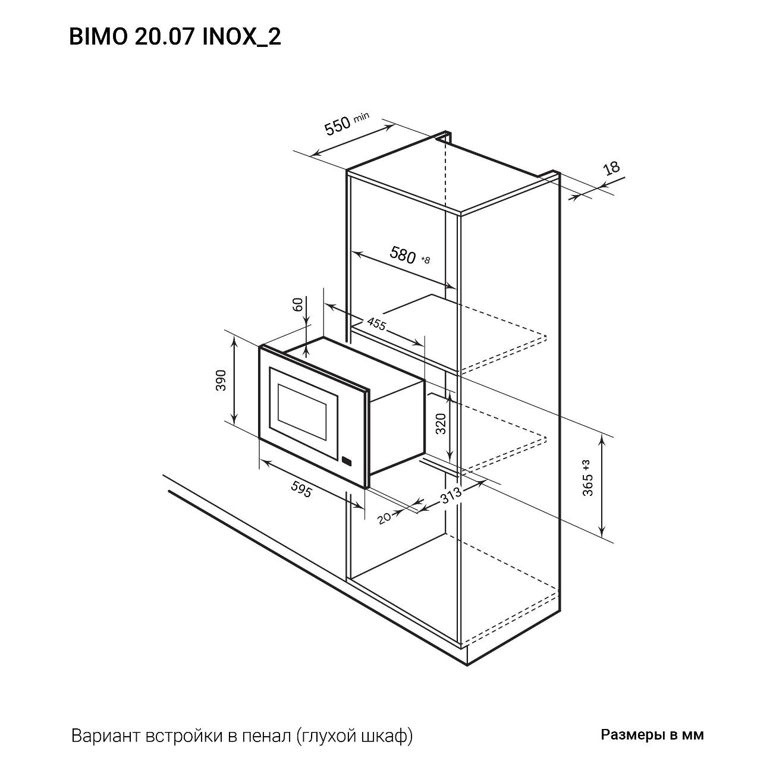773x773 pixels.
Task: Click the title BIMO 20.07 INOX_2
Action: click(175, 37)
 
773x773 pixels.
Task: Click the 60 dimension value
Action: click(298, 304)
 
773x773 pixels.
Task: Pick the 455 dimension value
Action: click(376, 325)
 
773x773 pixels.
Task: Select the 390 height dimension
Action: click(221, 380)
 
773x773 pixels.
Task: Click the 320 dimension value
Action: click(441, 423)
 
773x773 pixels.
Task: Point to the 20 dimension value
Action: click(385, 517)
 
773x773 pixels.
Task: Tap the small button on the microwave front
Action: click(347, 461)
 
